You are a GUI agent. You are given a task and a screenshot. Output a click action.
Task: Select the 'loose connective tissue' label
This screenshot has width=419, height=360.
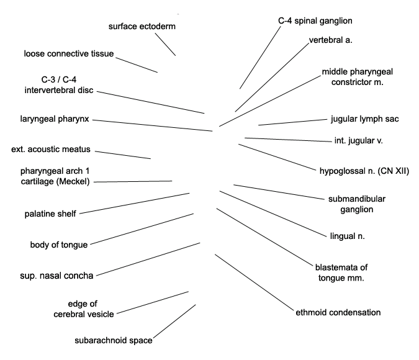pos(69,54)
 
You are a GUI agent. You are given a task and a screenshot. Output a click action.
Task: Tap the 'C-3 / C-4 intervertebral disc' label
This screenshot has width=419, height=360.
pos(59,85)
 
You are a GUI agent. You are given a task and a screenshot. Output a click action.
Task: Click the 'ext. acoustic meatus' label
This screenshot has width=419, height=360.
pos(51,150)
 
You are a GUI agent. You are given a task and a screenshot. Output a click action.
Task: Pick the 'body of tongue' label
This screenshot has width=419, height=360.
pos(59,245)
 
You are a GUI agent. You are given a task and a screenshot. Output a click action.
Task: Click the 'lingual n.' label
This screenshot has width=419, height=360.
pos(347,236)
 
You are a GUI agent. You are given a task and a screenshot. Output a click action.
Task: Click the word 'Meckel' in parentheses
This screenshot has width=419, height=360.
pos(74,181)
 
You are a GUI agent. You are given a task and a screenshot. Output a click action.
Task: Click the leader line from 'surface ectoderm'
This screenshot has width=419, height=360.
pos(165,43)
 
